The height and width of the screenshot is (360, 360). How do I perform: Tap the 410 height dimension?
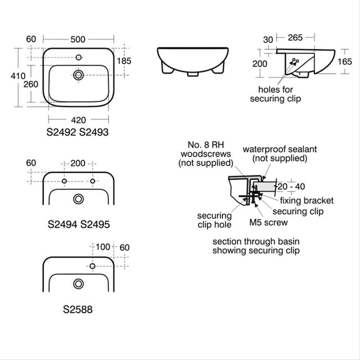coord(18,76)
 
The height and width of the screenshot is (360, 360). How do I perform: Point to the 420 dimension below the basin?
coord(78,120)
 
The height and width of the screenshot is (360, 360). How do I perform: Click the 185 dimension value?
coord(124,61)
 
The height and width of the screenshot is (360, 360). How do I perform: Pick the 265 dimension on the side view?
coord(295,37)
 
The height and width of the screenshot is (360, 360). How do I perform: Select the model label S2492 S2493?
coord(78,132)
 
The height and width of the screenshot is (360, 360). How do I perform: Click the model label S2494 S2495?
coord(78,224)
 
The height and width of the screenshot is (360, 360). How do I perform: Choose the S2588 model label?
coord(78,310)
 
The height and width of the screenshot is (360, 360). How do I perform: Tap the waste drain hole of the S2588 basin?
coord(78,283)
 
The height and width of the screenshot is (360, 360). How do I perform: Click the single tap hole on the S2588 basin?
coord(93,266)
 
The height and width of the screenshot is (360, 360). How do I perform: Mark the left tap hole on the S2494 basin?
coord(64,181)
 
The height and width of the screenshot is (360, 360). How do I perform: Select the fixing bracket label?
coord(308,201)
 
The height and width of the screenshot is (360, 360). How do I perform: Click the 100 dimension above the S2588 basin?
coord(103,247)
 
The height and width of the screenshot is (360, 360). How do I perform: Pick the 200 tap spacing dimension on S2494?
coord(78,163)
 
